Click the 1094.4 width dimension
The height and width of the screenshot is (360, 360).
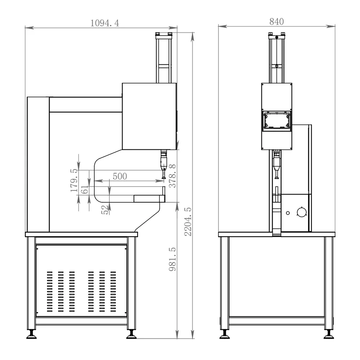(105, 23)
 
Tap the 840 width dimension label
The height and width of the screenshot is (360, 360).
(276, 22)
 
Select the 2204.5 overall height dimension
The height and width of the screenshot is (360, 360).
(188, 221)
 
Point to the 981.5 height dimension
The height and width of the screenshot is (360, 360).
(172, 259)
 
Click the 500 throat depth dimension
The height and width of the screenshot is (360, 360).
(120, 176)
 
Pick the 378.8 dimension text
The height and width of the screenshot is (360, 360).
(172, 176)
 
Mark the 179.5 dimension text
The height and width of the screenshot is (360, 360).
(74, 180)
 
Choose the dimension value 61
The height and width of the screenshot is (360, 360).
(85, 190)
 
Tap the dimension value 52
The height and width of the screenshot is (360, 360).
(104, 210)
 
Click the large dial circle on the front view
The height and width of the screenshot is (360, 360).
(301, 212)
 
